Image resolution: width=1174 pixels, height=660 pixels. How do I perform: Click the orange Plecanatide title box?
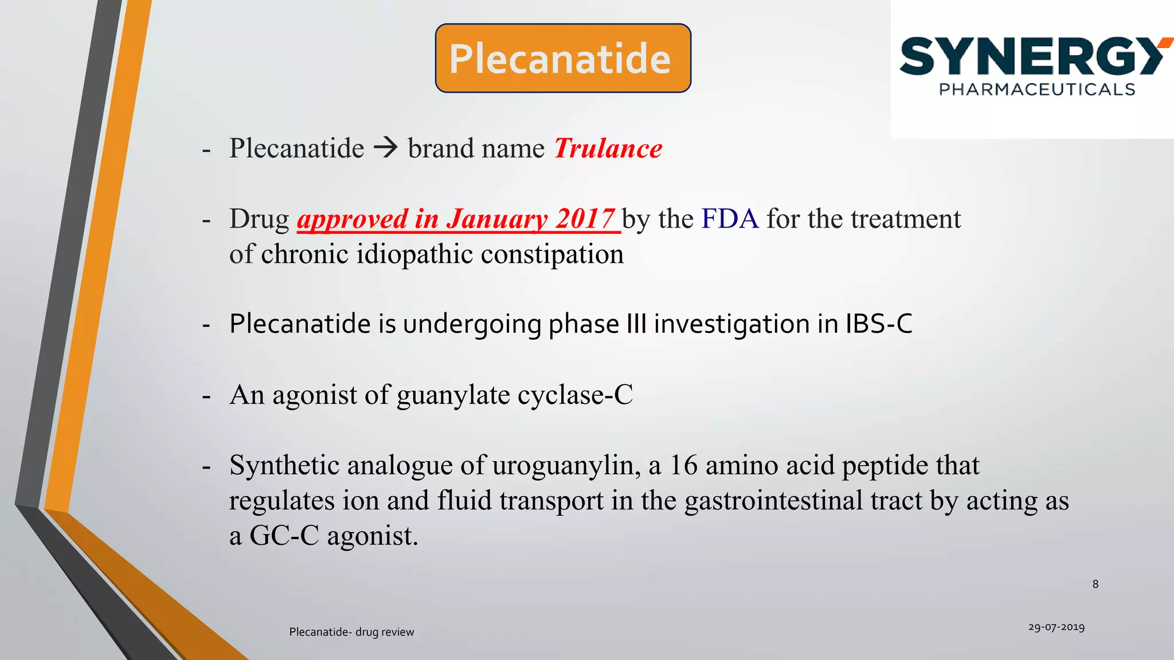click(562, 58)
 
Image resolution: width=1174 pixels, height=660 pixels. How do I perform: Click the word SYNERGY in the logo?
click(1032, 57)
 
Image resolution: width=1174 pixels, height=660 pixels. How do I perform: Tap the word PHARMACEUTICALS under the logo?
click(1036, 89)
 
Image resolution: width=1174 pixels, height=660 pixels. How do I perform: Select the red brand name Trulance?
click(608, 148)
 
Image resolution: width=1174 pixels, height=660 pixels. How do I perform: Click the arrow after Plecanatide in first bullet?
click(386, 148)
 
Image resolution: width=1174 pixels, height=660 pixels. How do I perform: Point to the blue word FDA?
click(730, 219)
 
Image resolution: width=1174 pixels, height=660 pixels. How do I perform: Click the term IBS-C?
click(878, 324)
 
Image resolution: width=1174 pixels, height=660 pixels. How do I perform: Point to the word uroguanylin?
click(566, 465)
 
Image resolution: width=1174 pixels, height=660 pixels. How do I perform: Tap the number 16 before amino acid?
click(683, 465)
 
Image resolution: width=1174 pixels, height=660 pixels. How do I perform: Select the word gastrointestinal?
click(773, 501)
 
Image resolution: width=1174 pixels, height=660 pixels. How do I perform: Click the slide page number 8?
click(1095, 584)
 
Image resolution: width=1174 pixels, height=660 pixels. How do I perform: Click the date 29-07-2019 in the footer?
click(1056, 627)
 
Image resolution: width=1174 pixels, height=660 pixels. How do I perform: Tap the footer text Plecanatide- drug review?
click(351, 632)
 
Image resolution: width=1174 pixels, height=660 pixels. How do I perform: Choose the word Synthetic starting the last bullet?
click(284, 465)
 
